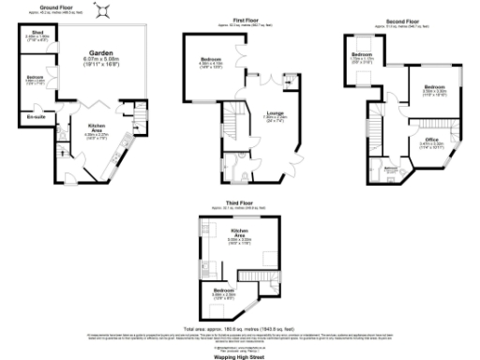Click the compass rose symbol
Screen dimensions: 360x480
(111, 8)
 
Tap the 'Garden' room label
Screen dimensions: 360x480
(103, 53)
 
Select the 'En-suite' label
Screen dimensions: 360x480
(34, 116)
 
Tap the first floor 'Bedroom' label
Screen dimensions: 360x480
(210, 59)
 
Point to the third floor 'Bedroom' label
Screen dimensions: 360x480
(224, 291)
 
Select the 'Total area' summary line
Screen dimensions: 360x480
(241, 328)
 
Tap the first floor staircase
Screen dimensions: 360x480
(233, 120)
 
